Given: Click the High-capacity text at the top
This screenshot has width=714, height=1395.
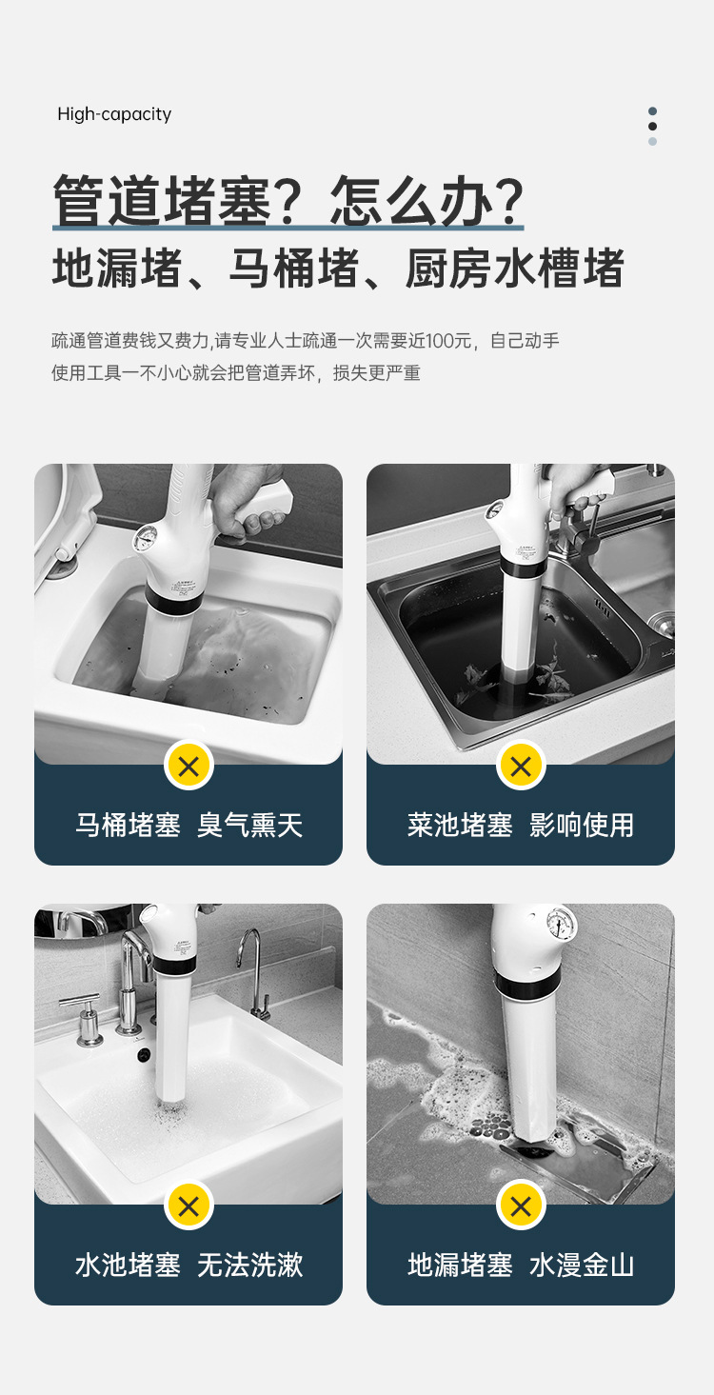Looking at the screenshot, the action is coord(114,114).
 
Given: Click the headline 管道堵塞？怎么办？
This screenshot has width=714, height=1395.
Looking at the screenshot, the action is coord(288,200).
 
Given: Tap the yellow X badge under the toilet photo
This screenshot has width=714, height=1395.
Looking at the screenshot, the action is coord(188,766).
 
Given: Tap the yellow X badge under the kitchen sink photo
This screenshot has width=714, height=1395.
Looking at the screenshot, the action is coord(521,766).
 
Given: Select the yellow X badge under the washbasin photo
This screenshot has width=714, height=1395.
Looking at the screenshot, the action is coord(188,1206).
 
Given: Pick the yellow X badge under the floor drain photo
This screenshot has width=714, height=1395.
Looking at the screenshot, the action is coord(521,1206).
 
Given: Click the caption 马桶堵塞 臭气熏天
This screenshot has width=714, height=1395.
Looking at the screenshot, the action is coord(188,826).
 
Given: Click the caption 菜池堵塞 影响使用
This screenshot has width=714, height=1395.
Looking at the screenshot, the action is coord(521,826).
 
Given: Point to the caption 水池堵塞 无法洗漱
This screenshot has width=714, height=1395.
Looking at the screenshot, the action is coord(188,1265).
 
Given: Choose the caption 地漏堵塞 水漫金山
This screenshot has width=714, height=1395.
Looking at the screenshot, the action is coord(521,1265).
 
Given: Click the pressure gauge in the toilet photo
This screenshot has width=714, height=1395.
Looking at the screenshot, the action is coord(147,537).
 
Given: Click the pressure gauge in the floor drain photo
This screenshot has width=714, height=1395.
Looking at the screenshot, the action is coord(561,925).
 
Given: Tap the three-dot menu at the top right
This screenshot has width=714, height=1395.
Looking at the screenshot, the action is coord(652,127).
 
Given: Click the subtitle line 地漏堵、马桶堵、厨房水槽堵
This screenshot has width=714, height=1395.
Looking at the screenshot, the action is coord(338,269).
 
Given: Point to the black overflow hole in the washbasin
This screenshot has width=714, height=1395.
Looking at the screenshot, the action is coord(145,1055).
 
